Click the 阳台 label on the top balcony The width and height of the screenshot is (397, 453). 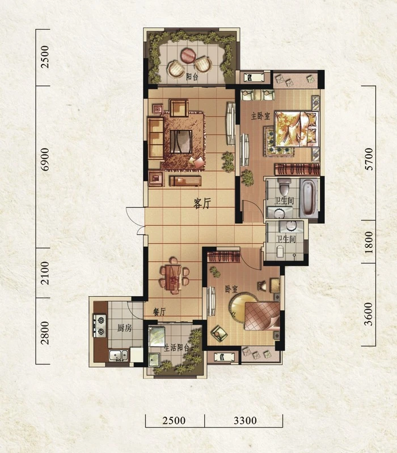pyautogui.click(x=192, y=77)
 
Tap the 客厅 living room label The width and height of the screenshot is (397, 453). pyautogui.click(x=202, y=203)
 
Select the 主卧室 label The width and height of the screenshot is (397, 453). pyautogui.click(x=260, y=117)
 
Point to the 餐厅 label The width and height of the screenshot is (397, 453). pyautogui.click(x=159, y=312)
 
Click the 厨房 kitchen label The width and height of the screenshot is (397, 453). pyautogui.click(x=124, y=328)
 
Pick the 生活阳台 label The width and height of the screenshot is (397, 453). pyautogui.click(x=177, y=348)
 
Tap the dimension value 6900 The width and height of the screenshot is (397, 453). pyautogui.click(x=45, y=160)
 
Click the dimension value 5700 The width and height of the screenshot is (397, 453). pyautogui.click(x=369, y=159)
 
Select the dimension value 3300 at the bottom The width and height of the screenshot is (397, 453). pyautogui.click(x=245, y=420)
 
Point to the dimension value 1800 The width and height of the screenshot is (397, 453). pyautogui.click(x=369, y=242)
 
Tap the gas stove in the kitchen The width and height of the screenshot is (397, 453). pyautogui.click(x=100, y=325)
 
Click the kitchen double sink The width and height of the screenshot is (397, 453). pyautogui.click(x=119, y=356)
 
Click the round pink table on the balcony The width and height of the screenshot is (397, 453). pyautogui.click(x=189, y=55)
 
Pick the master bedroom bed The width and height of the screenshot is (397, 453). pyautogui.click(x=295, y=129)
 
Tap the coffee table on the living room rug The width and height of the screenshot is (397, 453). pyautogui.click(x=181, y=141)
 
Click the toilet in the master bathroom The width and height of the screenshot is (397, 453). pyautogui.click(x=285, y=186)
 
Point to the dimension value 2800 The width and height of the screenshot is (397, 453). pyautogui.click(x=45, y=333)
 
